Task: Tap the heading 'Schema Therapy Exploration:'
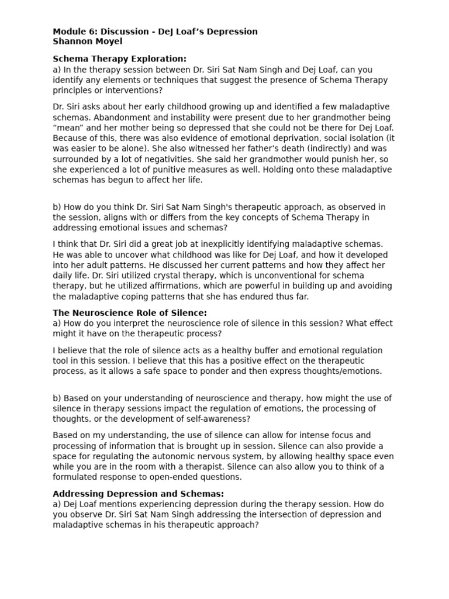pos(119,58)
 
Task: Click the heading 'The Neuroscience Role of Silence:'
pos(130,313)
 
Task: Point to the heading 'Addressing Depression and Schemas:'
pos(138,494)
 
